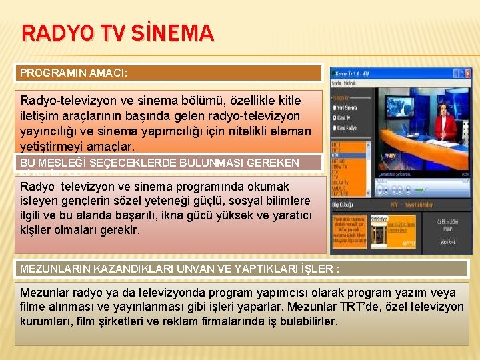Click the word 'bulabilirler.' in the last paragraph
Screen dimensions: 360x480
point(306,321)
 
